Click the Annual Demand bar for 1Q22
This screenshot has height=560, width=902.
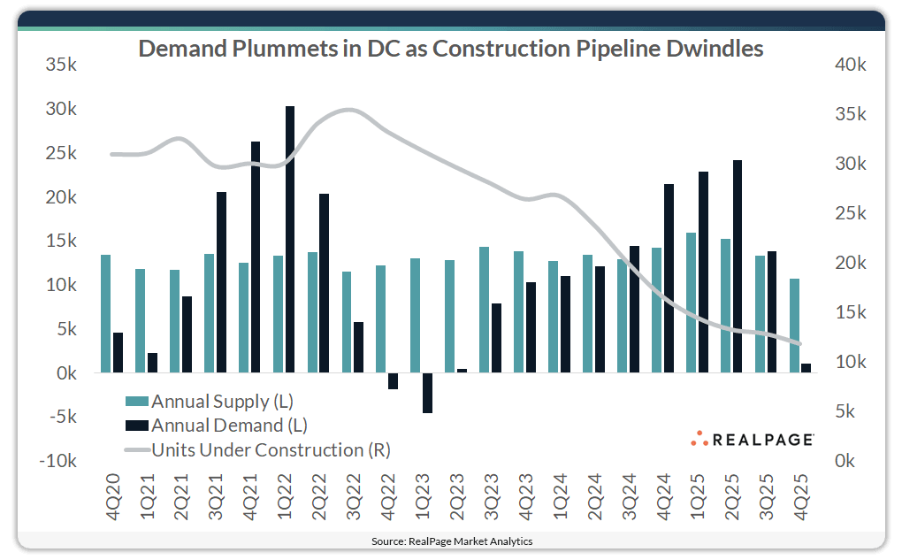pos(289,240)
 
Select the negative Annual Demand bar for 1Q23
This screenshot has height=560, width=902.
pos(427,393)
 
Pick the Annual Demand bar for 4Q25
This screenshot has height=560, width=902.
pos(806,368)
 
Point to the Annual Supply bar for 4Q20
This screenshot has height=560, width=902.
pos(106,314)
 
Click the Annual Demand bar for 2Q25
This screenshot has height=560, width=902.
pos(737,266)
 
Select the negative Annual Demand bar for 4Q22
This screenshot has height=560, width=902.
pos(393,380)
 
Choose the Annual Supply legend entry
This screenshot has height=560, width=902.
pos(210,401)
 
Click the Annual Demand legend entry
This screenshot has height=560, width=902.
pos(217,426)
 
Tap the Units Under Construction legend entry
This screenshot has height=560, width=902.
pos(256,450)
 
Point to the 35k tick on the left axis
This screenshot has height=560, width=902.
pos(63,65)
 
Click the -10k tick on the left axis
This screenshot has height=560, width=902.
pos(61,461)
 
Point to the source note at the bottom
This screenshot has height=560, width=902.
pos(451,540)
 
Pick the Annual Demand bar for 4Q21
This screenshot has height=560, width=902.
pos(255,257)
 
